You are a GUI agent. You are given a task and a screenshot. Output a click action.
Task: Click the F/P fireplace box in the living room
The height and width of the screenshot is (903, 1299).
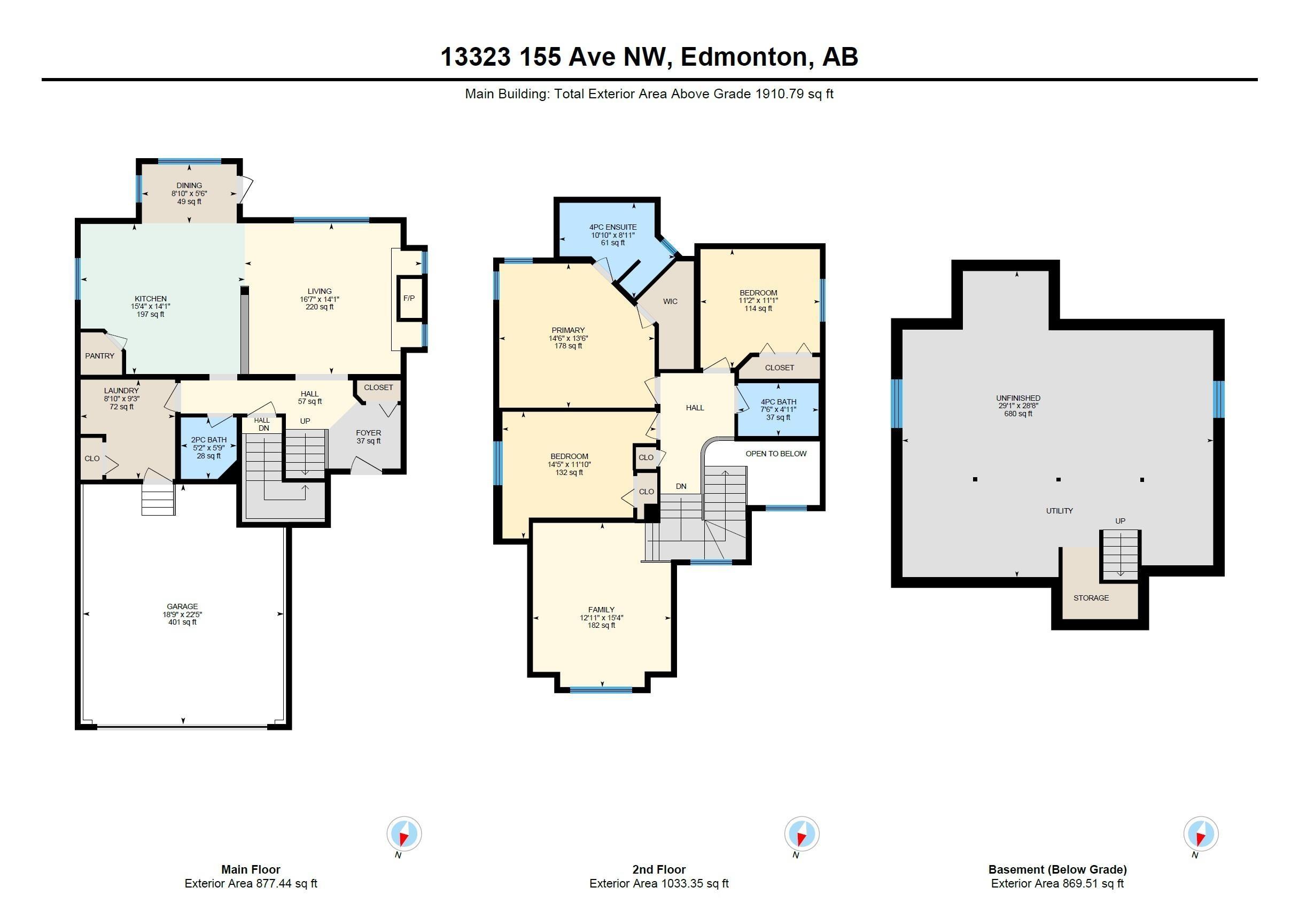pos(410,298)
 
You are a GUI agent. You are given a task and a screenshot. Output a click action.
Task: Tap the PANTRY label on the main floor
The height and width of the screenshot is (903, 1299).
pos(99,356)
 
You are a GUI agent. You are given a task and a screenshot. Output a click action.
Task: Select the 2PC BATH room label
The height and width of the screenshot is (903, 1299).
pos(209,440)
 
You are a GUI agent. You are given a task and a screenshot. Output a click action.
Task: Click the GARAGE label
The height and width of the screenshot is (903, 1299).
pos(182,606)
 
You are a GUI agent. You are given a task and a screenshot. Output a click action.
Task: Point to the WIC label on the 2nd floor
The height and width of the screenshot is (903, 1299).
pos(671,301)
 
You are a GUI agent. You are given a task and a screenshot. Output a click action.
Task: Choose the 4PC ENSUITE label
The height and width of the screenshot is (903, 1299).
pos(613,227)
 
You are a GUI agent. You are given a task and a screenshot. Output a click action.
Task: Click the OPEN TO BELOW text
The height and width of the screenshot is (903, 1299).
pos(776,454)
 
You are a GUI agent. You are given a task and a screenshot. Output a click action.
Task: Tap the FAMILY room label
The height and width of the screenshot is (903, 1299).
pos(601,609)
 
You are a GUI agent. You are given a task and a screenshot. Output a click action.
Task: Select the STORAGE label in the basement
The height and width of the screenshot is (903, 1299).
pos(1091,597)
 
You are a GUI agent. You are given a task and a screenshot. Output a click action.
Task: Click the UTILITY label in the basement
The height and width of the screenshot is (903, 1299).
pos(1059,510)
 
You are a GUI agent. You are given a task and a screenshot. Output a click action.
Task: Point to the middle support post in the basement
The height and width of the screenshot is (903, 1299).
pos(1059,479)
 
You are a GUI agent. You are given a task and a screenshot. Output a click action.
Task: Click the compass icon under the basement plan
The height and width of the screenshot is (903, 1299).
pos(1201,834)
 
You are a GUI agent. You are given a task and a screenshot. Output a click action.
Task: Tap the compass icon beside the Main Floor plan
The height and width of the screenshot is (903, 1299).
pos(404,834)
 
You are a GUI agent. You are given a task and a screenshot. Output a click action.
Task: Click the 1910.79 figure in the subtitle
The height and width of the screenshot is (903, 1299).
pos(780,94)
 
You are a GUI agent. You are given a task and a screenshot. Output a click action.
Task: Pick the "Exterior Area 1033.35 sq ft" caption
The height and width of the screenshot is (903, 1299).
pos(658,883)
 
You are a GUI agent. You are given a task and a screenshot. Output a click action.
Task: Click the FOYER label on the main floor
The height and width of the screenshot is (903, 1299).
pos(368,433)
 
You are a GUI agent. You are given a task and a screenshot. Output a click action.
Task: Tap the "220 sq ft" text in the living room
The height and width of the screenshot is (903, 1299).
pos(319,307)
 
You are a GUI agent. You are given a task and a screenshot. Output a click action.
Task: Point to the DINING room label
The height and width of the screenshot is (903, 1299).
pos(189,185)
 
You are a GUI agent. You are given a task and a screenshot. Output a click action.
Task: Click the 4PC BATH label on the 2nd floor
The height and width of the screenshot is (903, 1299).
pos(779,402)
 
